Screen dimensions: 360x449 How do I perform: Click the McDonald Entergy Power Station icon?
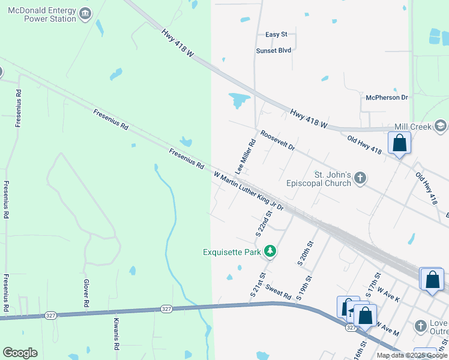coord(85,13)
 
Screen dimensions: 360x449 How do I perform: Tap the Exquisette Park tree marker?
coord(270,251)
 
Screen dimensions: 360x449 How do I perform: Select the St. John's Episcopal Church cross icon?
coord(360,178)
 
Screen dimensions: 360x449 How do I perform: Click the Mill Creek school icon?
coord(441,126)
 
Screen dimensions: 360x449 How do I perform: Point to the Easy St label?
coord(277,35)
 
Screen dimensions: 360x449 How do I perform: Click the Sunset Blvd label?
coord(274,50)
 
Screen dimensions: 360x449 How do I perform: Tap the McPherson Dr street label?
coord(387,97)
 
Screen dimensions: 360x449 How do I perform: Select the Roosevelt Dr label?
coord(277,140)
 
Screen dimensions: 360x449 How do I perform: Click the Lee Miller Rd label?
coord(246,157)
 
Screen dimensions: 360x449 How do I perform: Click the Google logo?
coord(20,353)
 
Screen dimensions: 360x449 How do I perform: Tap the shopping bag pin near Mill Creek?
coord(399,143)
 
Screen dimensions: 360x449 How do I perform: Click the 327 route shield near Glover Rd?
coord(50,315)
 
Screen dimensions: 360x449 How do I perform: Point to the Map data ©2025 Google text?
coord(412,355)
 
